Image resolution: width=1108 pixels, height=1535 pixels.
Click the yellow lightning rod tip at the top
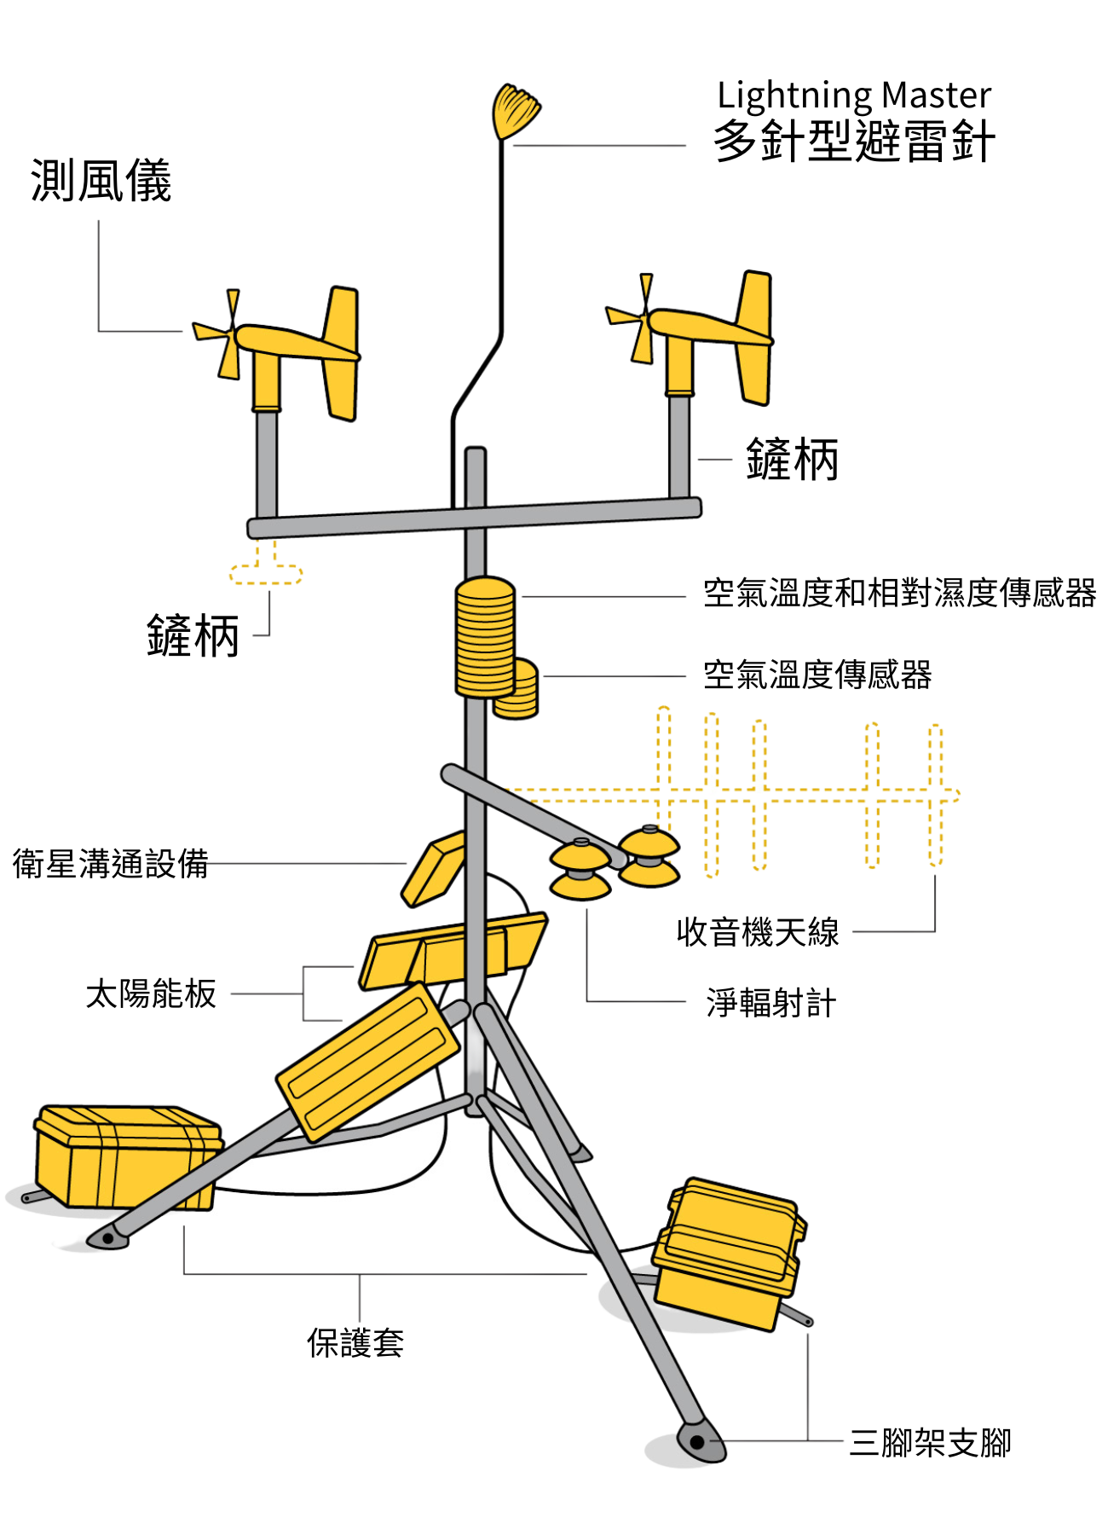[516, 111]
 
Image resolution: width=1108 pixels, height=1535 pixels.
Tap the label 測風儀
[101, 181]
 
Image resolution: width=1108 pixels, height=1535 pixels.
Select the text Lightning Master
[854, 96]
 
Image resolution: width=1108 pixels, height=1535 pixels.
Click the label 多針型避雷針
[854, 141]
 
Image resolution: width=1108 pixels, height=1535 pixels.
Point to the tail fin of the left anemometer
[341, 353]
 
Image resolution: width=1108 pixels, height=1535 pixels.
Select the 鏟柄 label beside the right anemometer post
[792, 460]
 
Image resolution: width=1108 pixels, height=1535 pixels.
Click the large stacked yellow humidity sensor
[485, 637]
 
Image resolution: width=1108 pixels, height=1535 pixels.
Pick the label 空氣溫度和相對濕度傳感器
[899, 593]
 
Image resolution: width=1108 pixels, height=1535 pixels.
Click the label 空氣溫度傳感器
[817, 675]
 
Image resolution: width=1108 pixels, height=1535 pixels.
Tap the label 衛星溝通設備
[111, 863]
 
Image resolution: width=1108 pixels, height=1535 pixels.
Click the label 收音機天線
[758, 932]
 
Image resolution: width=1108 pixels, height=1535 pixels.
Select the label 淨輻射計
[771, 1003]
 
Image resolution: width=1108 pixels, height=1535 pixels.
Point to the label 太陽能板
[151, 993]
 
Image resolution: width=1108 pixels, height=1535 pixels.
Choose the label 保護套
[355, 1342]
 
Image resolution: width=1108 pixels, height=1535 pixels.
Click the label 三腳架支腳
[930, 1442]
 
